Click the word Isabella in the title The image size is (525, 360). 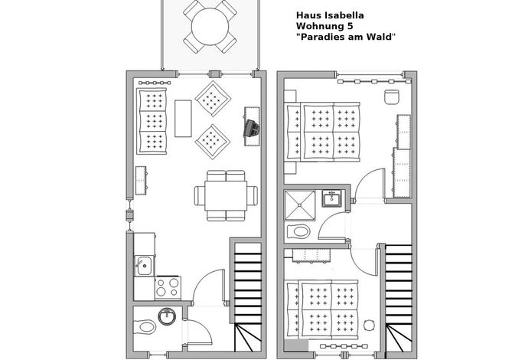[344, 15]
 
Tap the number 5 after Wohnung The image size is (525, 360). [350, 26]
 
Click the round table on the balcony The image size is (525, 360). [210, 27]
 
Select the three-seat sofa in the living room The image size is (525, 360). [152, 121]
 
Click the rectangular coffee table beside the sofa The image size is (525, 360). [183, 118]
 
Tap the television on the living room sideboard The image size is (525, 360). [252, 129]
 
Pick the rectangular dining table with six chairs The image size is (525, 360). [226, 196]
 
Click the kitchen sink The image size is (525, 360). [145, 266]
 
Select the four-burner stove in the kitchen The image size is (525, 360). [168, 287]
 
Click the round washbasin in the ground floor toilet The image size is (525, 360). [167, 316]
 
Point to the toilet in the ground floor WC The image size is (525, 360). [145, 327]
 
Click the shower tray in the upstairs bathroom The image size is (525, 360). [300, 205]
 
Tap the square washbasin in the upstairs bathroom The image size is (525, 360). [332, 198]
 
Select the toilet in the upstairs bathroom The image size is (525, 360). [298, 231]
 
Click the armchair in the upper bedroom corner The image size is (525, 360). [392, 97]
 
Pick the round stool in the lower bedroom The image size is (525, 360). [369, 325]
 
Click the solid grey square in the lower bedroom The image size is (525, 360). [296, 345]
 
